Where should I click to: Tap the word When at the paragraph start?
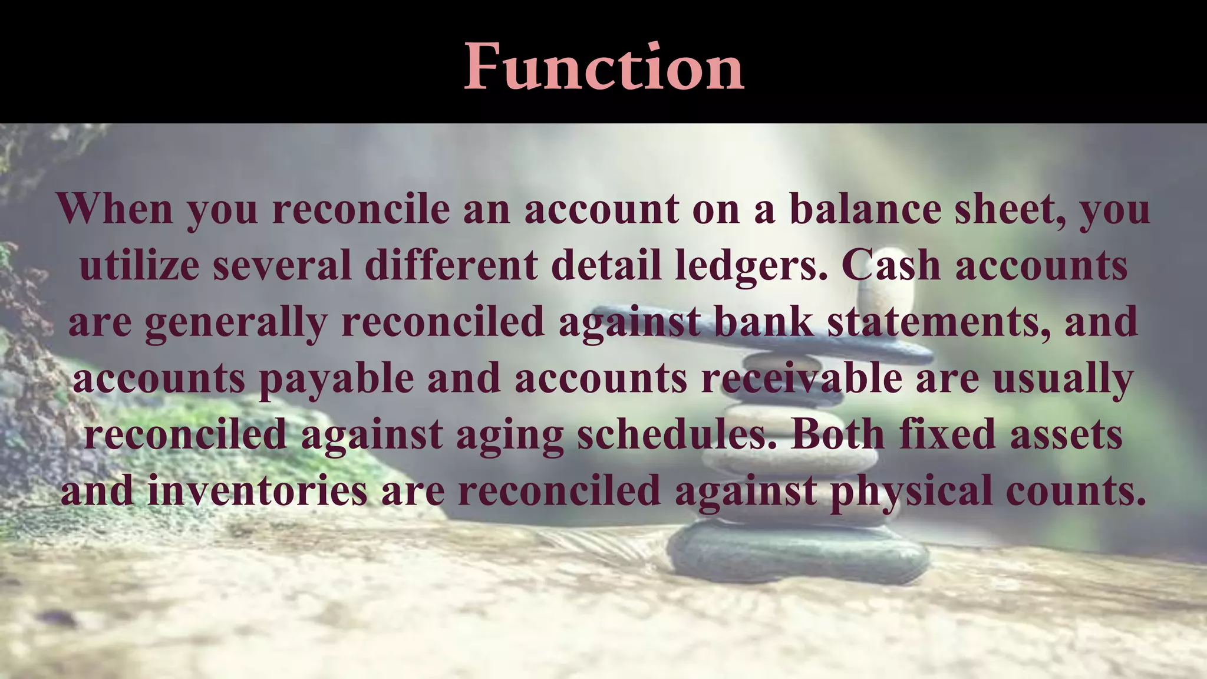[115, 209]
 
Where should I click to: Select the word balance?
[865, 209]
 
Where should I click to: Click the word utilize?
[139, 265]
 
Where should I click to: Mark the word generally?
[236, 322]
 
